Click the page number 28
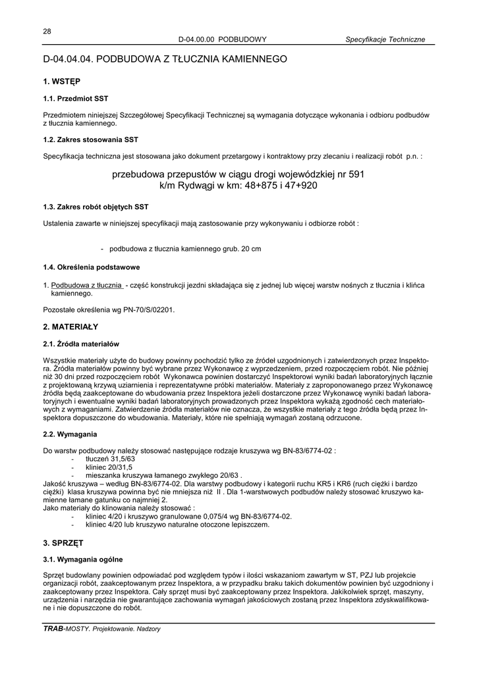pos(47,31)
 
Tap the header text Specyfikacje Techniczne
pos(385,39)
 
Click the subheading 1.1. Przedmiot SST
pos(75,99)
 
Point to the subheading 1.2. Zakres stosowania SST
pos(91,140)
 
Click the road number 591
pos(355,174)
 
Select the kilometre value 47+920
pos(297,186)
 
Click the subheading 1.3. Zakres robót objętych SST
pos(96,207)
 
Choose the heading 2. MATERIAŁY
pos(70,326)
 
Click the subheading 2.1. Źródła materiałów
pos(81,344)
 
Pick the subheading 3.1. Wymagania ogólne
pos(83,560)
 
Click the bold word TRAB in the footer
pos(53,629)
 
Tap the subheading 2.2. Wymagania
pos(70,434)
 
